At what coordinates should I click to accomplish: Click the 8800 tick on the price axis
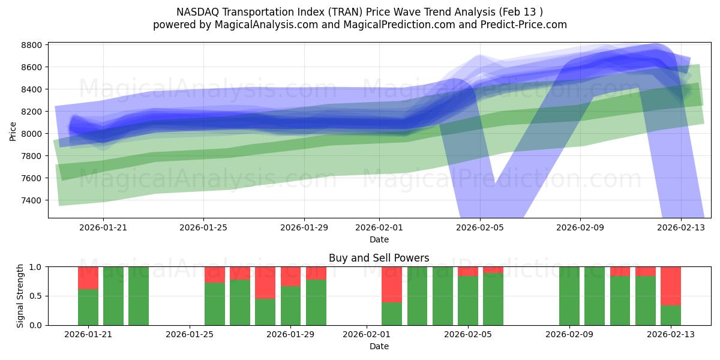31,45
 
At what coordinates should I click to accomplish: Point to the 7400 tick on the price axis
31,200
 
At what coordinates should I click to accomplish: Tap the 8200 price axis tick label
31,112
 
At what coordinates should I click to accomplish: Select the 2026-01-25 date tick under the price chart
203,228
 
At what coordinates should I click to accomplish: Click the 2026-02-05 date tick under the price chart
479,228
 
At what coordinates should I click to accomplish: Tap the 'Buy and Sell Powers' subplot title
379,258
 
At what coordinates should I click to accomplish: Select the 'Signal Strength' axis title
20,296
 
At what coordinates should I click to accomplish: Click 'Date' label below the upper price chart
379,239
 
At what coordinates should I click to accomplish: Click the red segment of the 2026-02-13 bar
671,286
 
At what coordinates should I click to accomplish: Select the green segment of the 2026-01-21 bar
88,307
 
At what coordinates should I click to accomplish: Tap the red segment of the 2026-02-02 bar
392,284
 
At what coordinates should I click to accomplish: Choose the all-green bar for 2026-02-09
569,296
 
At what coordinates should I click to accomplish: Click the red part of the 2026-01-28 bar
265,282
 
